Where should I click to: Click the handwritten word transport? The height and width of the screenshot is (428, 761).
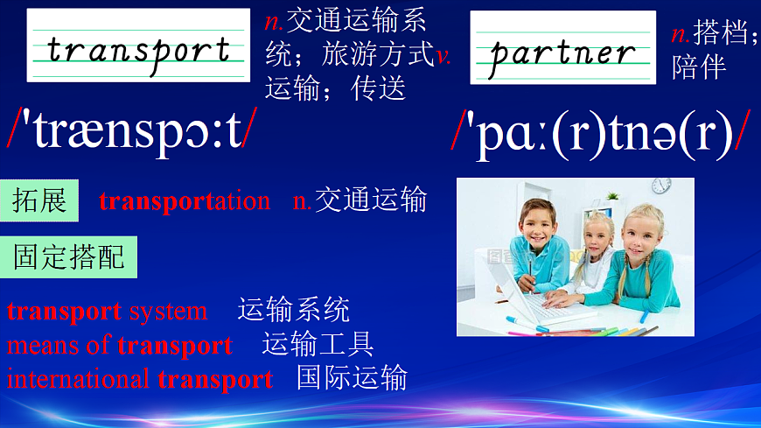[x=138, y=49]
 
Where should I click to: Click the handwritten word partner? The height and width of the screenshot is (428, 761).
[x=562, y=52]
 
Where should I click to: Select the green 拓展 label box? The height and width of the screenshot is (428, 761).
[x=39, y=200]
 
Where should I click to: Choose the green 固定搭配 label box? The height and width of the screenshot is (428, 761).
[x=69, y=256]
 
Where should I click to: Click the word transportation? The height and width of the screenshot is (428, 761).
[x=185, y=201]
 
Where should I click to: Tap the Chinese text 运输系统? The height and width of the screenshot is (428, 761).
[x=293, y=310]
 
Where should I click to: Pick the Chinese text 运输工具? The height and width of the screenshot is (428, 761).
[x=318, y=344]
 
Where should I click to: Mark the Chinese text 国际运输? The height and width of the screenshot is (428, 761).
[x=352, y=378]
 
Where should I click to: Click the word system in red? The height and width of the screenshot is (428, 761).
[x=168, y=311]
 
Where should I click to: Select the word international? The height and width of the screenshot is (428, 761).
[x=78, y=380]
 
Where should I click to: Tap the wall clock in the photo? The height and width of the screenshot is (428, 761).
[x=661, y=185]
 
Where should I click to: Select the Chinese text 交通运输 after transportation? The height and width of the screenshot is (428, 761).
[x=370, y=200]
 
